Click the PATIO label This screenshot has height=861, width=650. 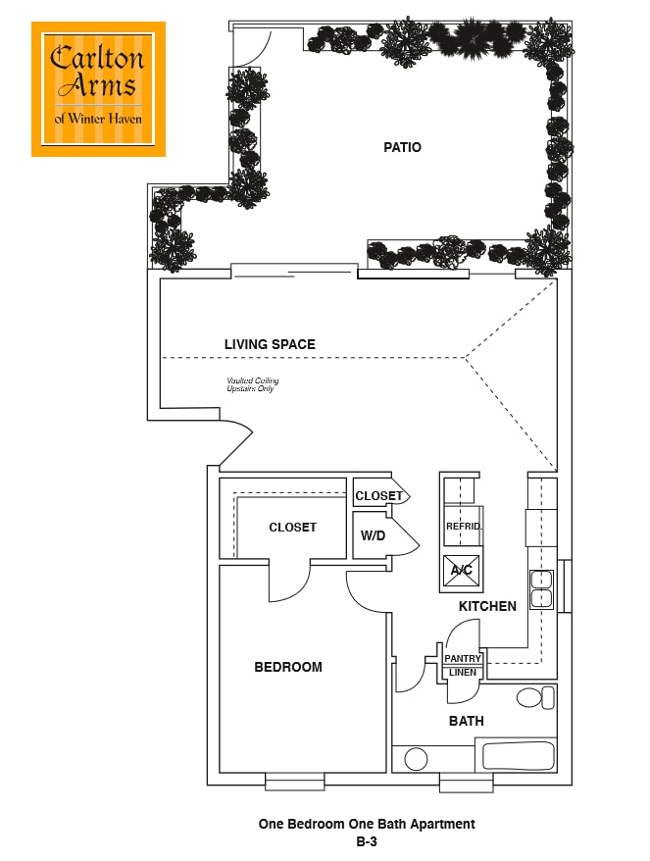(x=402, y=147)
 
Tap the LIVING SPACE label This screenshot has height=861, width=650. (x=270, y=344)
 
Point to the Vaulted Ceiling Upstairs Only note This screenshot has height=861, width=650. (x=252, y=384)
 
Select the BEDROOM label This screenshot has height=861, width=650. (x=288, y=667)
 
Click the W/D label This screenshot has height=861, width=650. (x=372, y=535)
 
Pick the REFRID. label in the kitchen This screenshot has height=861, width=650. (x=463, y=527)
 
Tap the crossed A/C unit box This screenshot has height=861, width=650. (x=460, y=570)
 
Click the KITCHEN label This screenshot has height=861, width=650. (x=487, y=606)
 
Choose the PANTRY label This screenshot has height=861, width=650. (x=463, y=658)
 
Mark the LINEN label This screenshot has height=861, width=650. (x=463, y=672)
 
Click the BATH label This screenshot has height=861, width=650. (x=467, y=721)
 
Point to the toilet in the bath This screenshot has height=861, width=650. (x=534, y=697)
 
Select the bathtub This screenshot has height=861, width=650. (x=518, y=756)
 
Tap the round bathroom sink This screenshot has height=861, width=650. (x=416, y=759)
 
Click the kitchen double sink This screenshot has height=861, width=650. (x=541, y=589)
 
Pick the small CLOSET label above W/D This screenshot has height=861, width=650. (x=378, y=496)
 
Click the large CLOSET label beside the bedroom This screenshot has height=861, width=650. (x=293, y=528)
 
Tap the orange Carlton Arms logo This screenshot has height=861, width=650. (x=98, y=89)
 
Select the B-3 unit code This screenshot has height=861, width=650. (x=367, y=840)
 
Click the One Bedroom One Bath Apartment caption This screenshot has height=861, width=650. (x=367, y=824)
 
